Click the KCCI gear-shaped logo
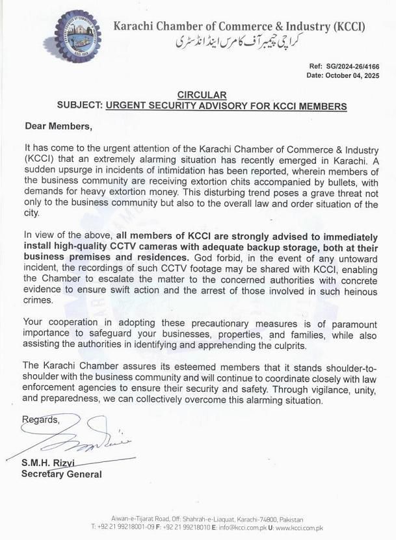click(x=78, y=36)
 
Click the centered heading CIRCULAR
click(x=202, y=95)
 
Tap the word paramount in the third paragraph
click(x=350, y=322)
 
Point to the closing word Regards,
click(x=41, y=420)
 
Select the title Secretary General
click(x=62, y=474)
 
